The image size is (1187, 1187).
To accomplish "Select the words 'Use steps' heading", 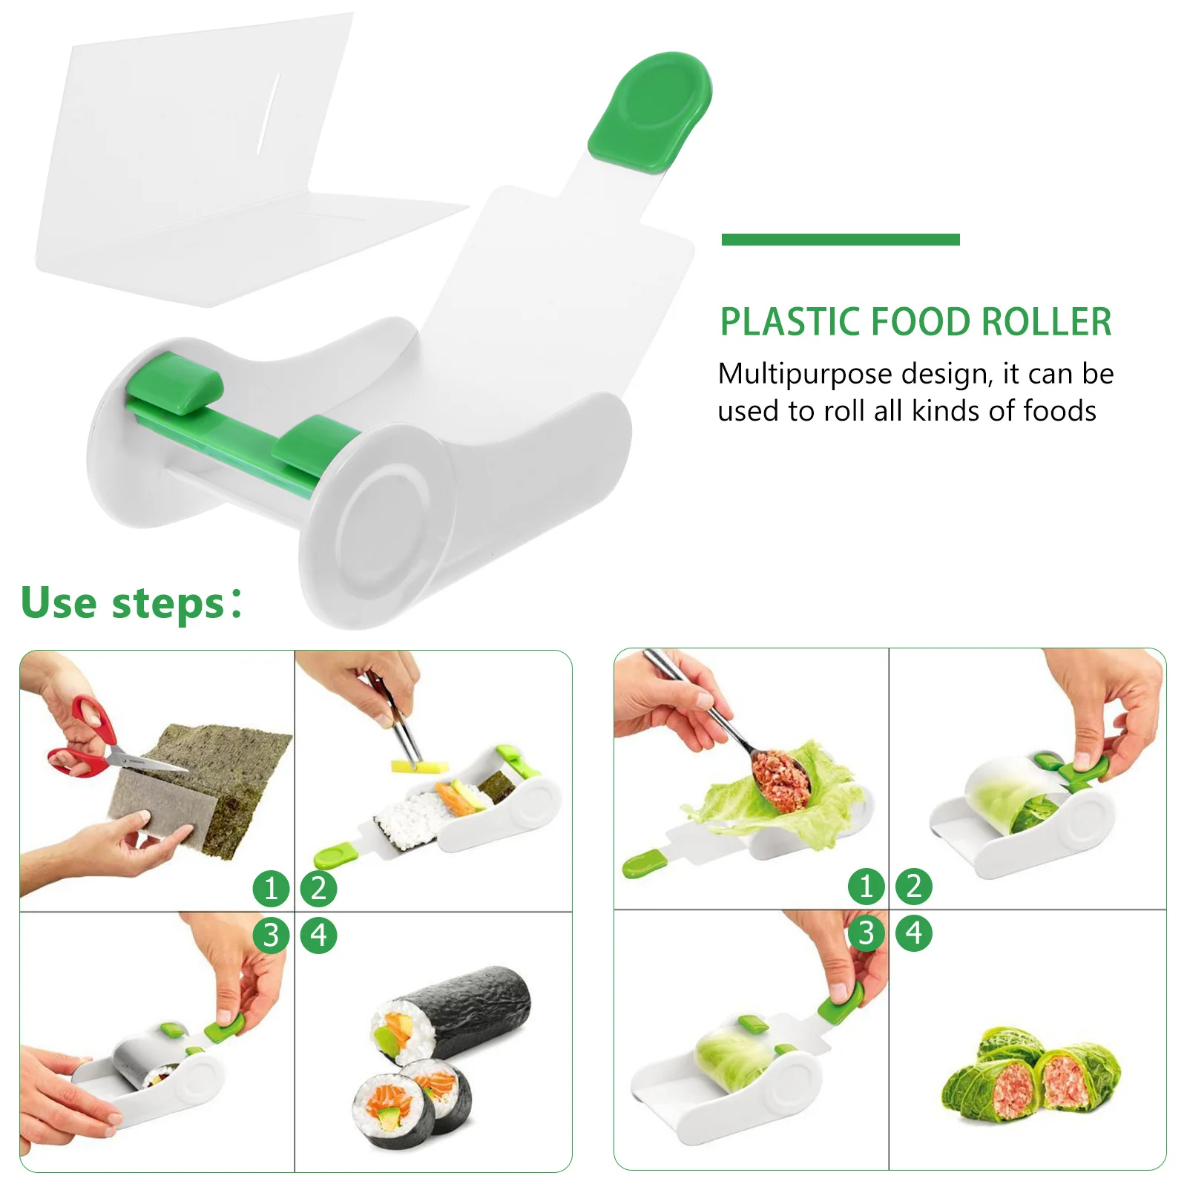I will point(122,602).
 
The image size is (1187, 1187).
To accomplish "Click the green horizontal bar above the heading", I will point(841,239).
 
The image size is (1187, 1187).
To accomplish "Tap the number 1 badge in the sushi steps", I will point(271,888).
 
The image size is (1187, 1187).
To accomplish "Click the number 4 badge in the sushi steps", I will point(319,935).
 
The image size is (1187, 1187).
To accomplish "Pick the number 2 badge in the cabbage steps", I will point(914,886).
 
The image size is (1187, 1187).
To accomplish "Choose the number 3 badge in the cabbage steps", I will point(866,933).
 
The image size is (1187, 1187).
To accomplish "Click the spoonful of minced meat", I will point(780,775).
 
